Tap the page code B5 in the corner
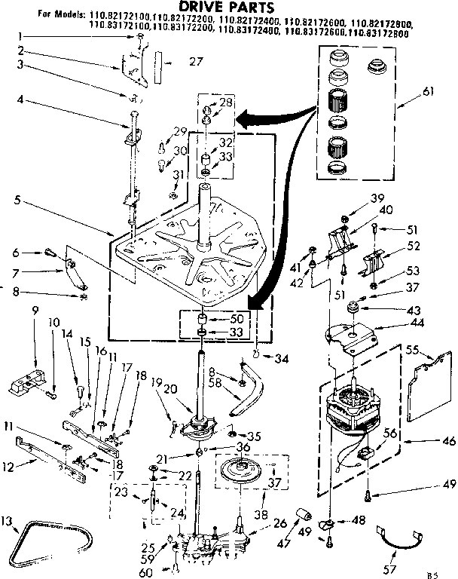(432, 574)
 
